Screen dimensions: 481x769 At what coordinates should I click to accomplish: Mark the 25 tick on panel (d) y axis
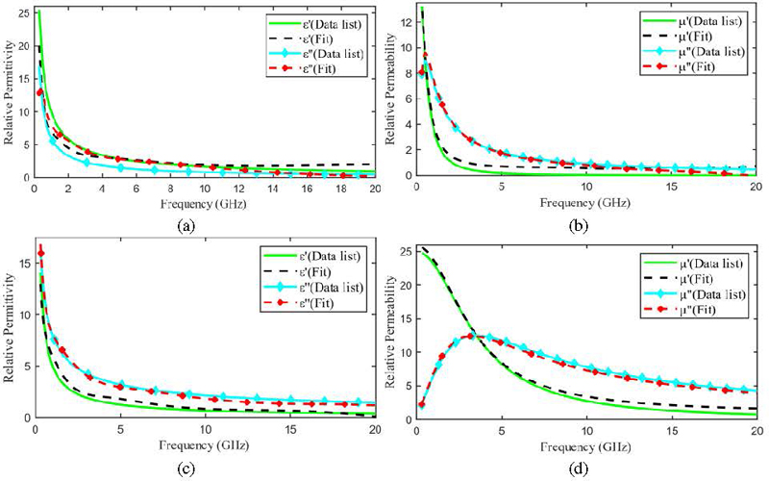[x=406, y=253]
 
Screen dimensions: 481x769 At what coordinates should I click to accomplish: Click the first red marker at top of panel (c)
[x=40, y=252]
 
